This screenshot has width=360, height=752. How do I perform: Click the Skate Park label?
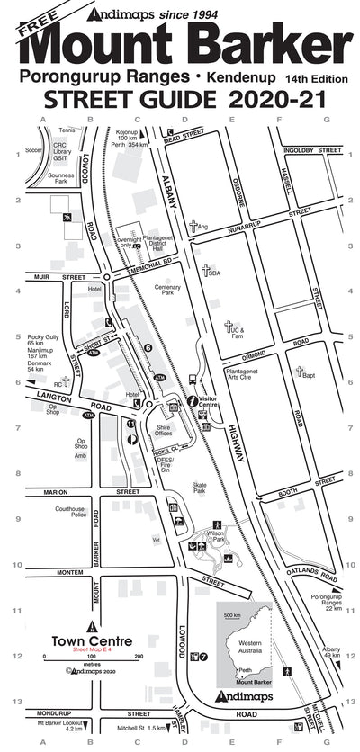199,488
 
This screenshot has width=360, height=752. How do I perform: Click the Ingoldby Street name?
310,150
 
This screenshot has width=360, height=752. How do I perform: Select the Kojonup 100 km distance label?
131,138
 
